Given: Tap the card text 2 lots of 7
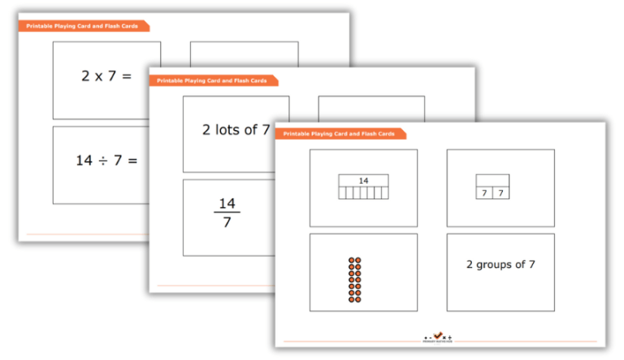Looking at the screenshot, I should [x=236, y=129].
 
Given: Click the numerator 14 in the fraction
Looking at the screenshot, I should [x=227, y=203].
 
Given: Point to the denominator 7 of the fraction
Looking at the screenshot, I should [x=227, y=222].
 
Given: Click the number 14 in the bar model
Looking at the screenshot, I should [x=363, y=180].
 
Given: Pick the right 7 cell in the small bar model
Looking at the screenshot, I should [x=501, y=193].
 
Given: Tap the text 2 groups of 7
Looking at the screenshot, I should [x=500, y=264].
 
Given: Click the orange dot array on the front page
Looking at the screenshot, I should [x=354, y=280].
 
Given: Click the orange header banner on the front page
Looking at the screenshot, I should [x=340, y=133].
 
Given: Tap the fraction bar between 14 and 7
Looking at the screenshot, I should [x=227, y=212].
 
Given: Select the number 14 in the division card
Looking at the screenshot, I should [x=84, y=161].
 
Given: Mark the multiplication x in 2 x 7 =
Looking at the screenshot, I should [x=103, y=76].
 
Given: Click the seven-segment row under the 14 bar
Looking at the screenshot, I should [x=363, y=193].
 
